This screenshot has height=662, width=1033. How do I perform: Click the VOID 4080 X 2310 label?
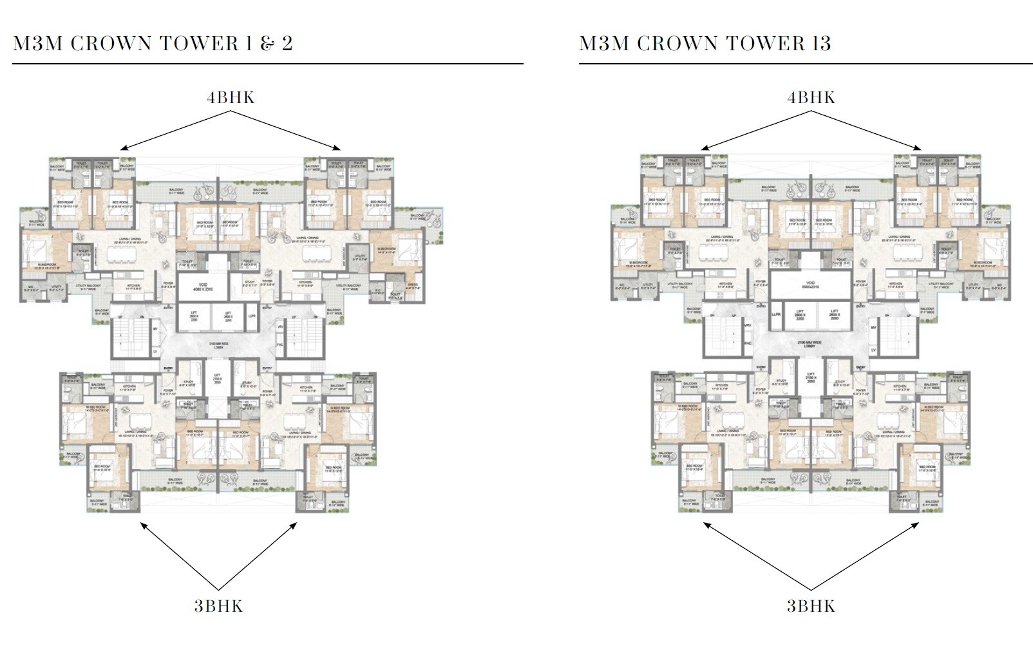click(x=203, y=287)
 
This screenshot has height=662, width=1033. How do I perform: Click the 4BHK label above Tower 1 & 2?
click(x=231, y=97)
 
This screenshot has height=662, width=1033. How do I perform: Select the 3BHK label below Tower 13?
click(x=811, y=606)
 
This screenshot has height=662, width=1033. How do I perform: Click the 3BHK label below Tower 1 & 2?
click(x=218, y=606)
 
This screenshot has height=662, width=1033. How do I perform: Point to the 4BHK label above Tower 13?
click(x=811, y=97)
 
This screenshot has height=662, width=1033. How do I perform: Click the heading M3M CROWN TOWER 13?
click(x=705, y=43)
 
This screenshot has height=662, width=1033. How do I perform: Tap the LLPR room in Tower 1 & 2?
click(x=252, y=317)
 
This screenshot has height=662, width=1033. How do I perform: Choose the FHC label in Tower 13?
click(x=748, y=343)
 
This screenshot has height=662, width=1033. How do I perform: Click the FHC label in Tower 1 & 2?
click(x=280, y=345)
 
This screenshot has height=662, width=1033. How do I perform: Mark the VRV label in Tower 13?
click(x=748, y=326)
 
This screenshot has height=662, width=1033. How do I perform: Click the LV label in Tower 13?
click(x=873, y=350)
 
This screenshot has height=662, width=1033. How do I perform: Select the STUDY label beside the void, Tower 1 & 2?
click(x=251, y=281)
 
